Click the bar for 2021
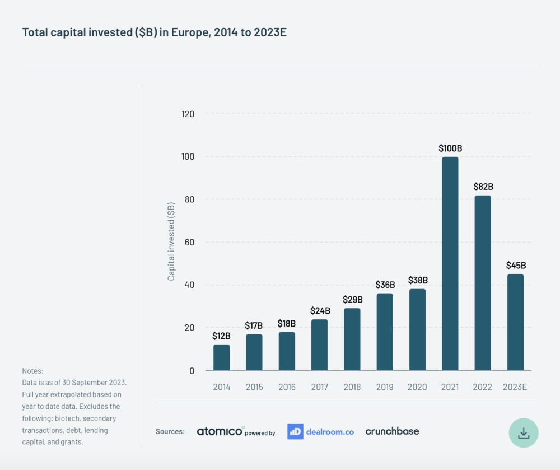pos(450,263)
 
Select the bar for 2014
pos(221,357)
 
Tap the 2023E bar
pos(515,322)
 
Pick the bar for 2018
pos(352,339)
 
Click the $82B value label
pos(483,187)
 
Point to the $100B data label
pos(450,148)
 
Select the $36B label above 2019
pos(385,285)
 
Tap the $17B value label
pos(254,325)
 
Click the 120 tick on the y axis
pos(188,114)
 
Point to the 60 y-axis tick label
pos(189,243)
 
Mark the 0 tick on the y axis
pos(192,371)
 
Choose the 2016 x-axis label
pos(287,387)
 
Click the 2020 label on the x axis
pos(417,387)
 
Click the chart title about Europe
pos(154,32)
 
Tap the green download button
pos(524,433)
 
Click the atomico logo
pos(220,431)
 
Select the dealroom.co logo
pos(320,431)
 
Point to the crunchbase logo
pos(392,431)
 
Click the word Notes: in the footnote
pos(32,371)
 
